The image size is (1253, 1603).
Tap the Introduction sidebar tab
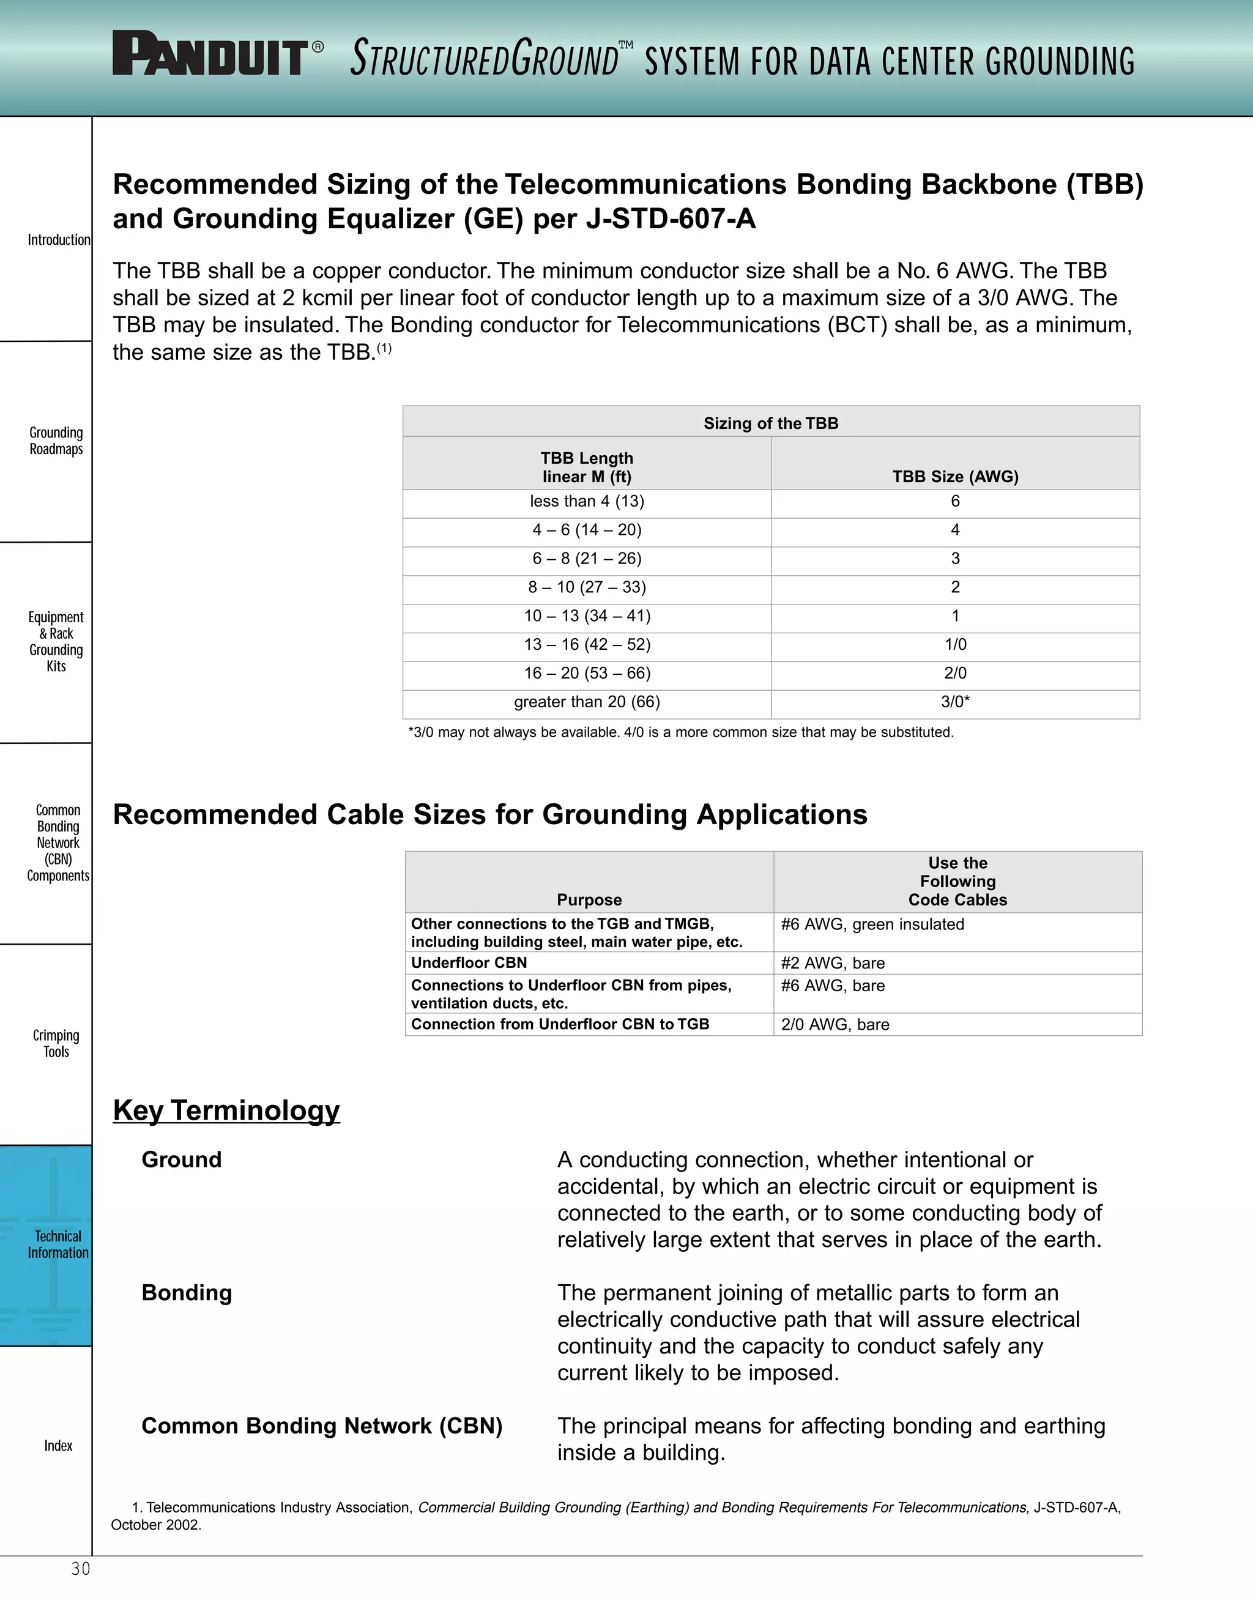click(x=58, y=240)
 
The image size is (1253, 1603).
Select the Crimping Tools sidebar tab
click(x=56, y=1043)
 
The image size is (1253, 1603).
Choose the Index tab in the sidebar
click(x=58, y=1445)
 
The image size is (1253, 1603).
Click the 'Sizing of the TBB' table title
click(x=771, y=423)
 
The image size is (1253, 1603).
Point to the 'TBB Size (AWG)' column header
click(x=955, y=477)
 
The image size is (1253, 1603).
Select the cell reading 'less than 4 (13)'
click(x=587, y=501)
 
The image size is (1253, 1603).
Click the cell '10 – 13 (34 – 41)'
click(x=587, y=616)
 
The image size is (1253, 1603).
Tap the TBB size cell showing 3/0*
click(x=955, y=702)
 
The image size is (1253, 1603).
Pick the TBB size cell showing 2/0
click(x=955, y=673)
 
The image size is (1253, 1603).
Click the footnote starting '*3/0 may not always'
click(x=680, y=732)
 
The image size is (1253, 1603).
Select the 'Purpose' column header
click(x=589, y=900)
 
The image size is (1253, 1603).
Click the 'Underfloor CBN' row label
click(x=469, y=963)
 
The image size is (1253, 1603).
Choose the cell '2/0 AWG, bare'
click(x=835, y=1025)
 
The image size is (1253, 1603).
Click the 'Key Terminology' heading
click(x=226, y=1110)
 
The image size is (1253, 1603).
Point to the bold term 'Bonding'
click(x=187, y=1293)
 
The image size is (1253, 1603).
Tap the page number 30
click(x=81, y=1569)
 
